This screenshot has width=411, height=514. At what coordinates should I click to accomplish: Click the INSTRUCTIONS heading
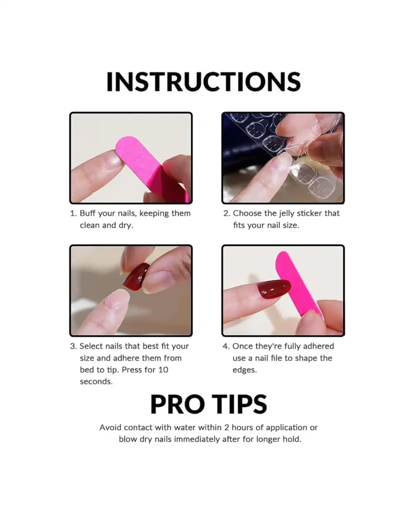click(203, 82)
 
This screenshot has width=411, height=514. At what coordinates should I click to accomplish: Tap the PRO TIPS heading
click(208, 404)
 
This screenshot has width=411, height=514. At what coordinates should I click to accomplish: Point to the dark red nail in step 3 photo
click(136, 276)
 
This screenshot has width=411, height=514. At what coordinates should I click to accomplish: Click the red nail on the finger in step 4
click(273, 290)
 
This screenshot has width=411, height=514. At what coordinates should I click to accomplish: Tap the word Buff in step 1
click(88, 213)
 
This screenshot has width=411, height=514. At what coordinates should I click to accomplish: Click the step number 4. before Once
click(226, 346)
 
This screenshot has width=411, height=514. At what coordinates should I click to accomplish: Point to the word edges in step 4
click(244, 370)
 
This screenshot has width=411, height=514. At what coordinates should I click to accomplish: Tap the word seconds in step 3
click(96, 381)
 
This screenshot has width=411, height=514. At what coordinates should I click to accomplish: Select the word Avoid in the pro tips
click(111, 428)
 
